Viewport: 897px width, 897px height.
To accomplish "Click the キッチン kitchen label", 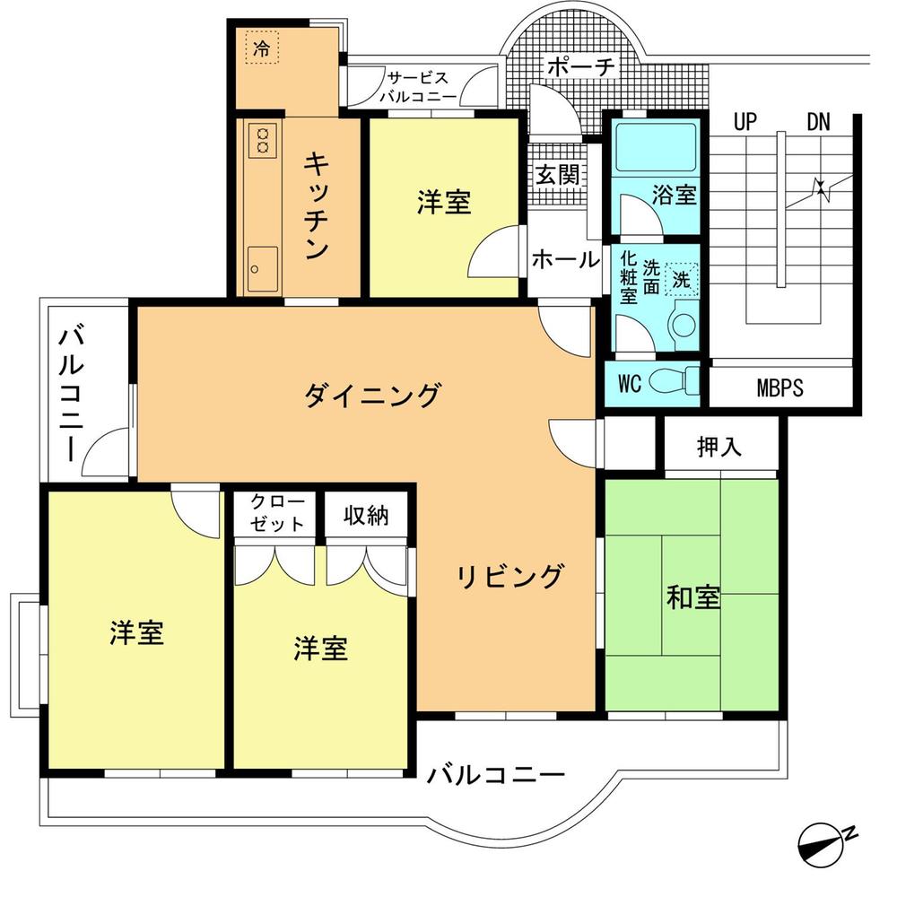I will tap(315, 206).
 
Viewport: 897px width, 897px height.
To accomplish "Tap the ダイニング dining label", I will tap(372, 394).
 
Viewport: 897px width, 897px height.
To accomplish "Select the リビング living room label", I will tap(510, 576).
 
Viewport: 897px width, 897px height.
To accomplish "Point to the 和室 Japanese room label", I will tap(692, 597).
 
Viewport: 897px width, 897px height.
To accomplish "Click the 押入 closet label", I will tap(719, 448).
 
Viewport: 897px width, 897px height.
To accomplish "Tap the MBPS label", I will tap(779, 388).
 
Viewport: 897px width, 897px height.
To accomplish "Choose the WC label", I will tap(629, 384).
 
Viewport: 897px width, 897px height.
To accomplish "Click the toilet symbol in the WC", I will tap(672, 380).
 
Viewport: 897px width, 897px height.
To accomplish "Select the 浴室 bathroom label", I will tap(675, 195).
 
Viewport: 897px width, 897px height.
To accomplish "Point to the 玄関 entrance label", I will tap(557, 174).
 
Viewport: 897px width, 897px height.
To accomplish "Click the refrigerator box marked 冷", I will tap(261, 48).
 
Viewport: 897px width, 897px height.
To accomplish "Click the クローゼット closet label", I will tap(277, 513).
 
